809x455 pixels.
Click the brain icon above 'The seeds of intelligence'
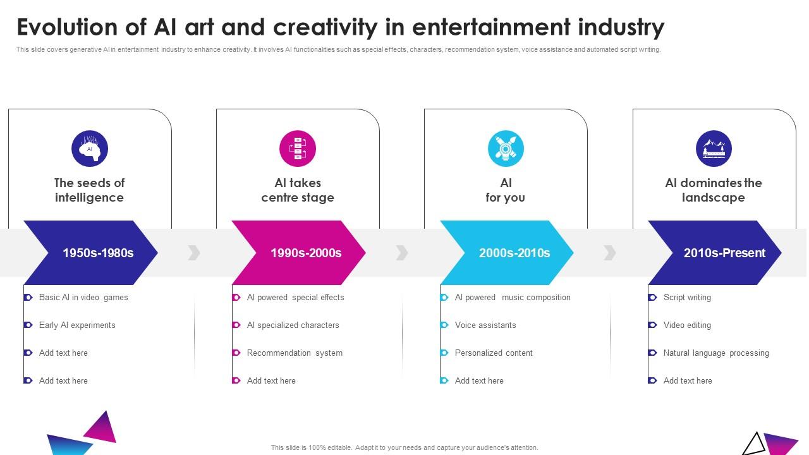(x=90, y=149)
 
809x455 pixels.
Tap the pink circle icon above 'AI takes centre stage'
(x=298, y=149)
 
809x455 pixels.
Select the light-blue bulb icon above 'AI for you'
(x=506, y=149)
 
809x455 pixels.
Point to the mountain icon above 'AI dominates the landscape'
(x=714, y=149)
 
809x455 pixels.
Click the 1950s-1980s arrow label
(x=98, y=253)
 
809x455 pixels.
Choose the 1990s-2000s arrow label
(x=306, y=253)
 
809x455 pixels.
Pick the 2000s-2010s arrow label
(x=514, y=253)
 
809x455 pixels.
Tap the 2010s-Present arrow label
(x=724, y=253)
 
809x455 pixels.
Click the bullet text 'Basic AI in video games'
(x=83, y=298)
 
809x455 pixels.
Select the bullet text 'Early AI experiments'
(x=77, y=325)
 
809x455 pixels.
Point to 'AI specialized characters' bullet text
(x=293, y=325)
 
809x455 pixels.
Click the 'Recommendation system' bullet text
(x=295, y=353)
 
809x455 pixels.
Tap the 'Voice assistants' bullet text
(x=485, y=325)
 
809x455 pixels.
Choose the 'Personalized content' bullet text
(x=494, y=353)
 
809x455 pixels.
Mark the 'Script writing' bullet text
(x=687, y=298)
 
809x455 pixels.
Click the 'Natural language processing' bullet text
(x=716, y=353)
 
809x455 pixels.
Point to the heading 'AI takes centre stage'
(x=298, y=190)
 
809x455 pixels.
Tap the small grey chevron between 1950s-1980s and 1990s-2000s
(x=194, y=253)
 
